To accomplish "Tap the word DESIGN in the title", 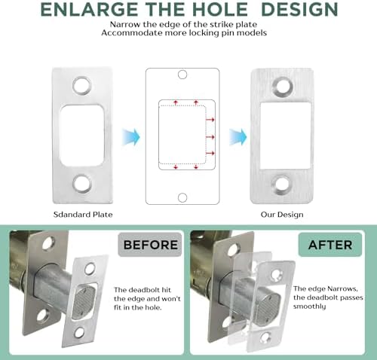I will (x=293, y=11).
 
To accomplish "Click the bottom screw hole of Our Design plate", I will (x=283, y=184).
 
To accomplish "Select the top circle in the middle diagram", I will (x=181, y=76).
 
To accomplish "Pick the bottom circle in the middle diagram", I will (x=181, y=197).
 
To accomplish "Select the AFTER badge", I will (x=330, y=245).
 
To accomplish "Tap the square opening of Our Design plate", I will (x=282, y=135).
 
